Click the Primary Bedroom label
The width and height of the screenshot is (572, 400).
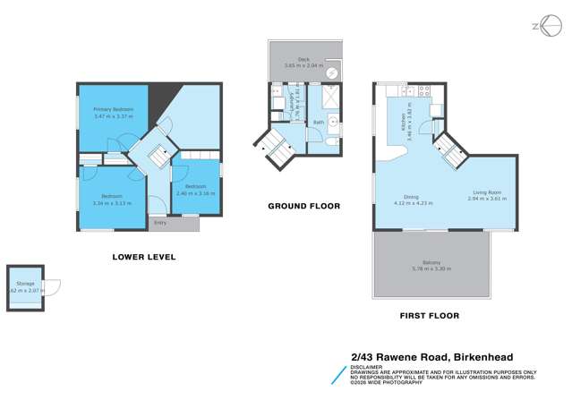(x=113, y=109)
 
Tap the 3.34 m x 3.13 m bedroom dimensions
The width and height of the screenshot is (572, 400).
(x=112, y=203)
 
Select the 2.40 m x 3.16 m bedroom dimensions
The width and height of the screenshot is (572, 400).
(x=195, y=193)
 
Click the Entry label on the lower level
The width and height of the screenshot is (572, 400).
(x=160, y=222)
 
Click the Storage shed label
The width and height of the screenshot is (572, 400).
(x=24, y=283)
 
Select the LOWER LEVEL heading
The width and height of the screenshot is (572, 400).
(x=143, y=258)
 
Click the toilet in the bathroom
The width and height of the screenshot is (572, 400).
(x=331, y=141)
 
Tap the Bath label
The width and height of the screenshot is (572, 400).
(x=318, y=123)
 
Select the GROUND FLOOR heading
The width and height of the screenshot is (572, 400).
(x=303, y=206)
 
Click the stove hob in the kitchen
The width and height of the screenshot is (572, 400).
(x=423, y=89)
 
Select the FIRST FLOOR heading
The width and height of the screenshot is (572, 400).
(x=431, y=315)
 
